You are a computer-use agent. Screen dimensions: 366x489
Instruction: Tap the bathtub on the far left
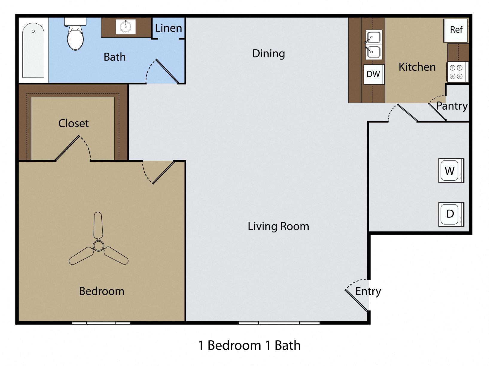(x=33, y=50)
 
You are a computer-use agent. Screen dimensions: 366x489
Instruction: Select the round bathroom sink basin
(x=126, y=27)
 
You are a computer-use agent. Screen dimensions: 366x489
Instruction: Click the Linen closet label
(x=168, y=28)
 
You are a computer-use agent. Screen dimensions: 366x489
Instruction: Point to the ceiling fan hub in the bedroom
(x=98, y=246)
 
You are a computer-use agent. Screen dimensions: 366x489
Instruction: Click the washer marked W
(x=451, y=171)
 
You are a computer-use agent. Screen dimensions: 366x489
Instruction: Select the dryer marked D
(x=451, y=214)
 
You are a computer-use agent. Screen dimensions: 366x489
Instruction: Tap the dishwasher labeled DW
(x=373, y=74)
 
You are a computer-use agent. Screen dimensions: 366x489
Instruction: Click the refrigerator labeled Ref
(x=456, y=30)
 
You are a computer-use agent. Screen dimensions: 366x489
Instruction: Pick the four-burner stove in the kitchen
(x=456, y=72)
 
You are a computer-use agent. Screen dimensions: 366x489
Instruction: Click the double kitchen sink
(x=374, y=45)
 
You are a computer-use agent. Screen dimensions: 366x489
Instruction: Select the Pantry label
(x=452, y=106)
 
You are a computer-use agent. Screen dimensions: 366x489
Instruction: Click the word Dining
(x=268, y=54)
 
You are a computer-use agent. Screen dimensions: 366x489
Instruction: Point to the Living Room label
(x=278, y=226)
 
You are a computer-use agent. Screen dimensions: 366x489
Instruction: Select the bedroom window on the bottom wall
(x=101, y=323)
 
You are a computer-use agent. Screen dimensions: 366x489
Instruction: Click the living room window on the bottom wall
(x=279, y=323)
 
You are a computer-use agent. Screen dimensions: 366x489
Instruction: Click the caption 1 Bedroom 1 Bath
(x=249, y=345)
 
